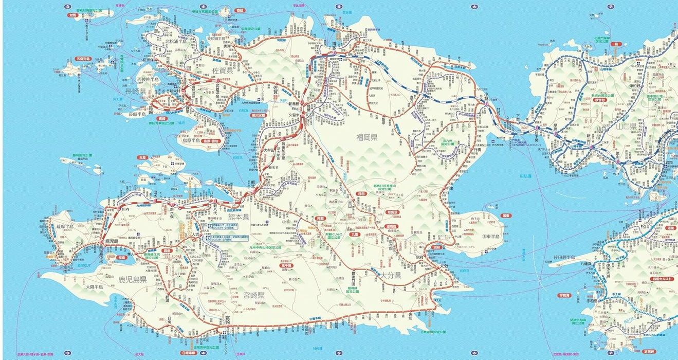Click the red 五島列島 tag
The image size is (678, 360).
point(82,59)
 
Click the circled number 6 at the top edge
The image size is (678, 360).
point(473,7)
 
